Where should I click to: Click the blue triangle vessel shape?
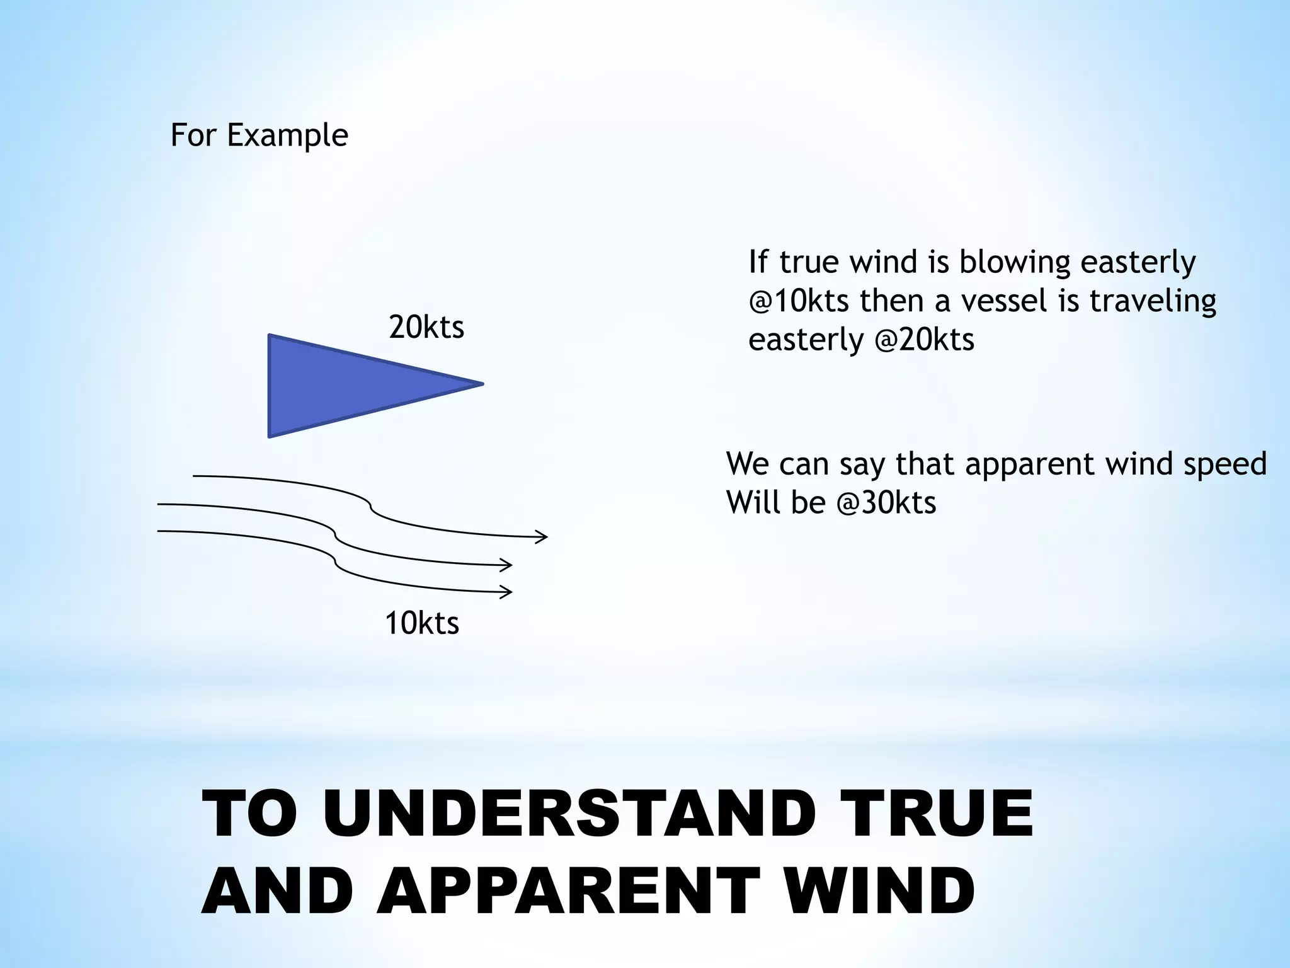pos(340,385)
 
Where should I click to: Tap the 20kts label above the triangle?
pos(426,328)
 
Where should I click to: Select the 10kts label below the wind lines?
pos(422,624)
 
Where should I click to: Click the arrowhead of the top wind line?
pos(542,537)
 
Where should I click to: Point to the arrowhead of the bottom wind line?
pos(506,592)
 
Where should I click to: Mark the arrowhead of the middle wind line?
pos(506,565)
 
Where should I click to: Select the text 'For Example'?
pos(259,135)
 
